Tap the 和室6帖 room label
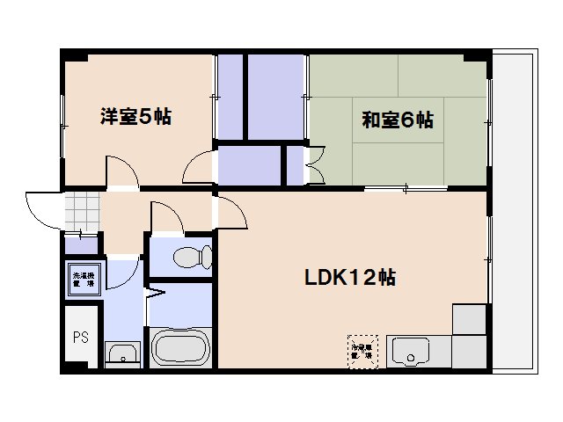pos(398,120)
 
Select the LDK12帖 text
pos(350,278)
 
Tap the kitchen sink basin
pos(408,353)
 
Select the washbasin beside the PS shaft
pos(121,354)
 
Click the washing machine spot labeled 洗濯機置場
pos(84,279)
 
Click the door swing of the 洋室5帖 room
pos(120,171)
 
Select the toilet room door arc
pos(165,215)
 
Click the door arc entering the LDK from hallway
pos(230,211)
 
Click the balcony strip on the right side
pos(514,211)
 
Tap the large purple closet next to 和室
pos(276,97)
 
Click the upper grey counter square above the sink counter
pos(469,319)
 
